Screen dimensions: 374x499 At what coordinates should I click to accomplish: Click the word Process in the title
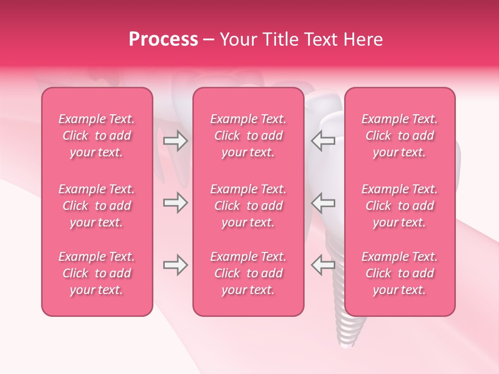pos(163,39)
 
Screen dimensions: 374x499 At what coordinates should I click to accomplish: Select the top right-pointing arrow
pos(175,141)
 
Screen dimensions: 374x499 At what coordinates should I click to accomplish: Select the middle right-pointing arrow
pos(175,203)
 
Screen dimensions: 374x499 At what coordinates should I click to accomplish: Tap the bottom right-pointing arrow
pos(175,265)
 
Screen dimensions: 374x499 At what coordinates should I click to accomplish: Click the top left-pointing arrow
pos(323,141)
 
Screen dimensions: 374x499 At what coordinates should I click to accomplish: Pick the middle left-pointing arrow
pos(323,203)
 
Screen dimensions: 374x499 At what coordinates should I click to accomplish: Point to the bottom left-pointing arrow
pos(323,265)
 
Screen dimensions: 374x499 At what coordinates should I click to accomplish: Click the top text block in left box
pos(97,136)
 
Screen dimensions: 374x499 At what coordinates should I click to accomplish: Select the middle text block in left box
pos(97,206)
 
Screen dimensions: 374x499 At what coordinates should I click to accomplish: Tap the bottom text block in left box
pos(97,273)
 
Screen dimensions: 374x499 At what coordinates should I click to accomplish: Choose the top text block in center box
pos(248,136)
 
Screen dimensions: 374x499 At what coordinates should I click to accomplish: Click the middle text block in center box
pos(248,206)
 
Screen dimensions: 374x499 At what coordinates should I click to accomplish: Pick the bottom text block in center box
pos(248,273)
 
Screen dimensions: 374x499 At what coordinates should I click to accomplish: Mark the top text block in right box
pos(400,136)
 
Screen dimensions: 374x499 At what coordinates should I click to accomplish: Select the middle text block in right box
pos(400,206)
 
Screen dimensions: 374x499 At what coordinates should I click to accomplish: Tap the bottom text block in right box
pos(400,273)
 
